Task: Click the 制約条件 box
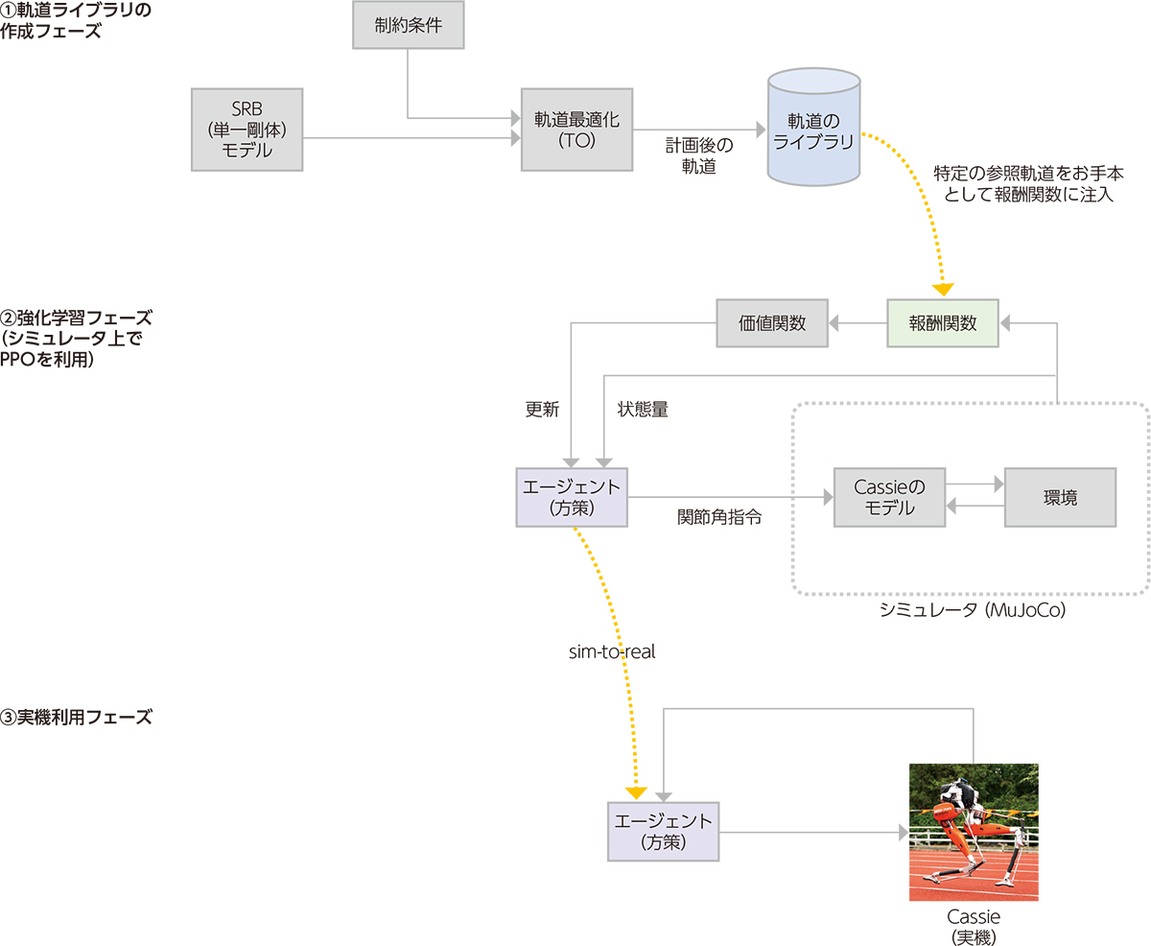pyautogui.click(x=409, y=25)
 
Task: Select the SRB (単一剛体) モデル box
pyautogui.click(x=247, y=130)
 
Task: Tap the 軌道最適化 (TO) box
pyautogui.click(x=576, y=130)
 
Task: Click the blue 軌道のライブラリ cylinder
pyautogui.click(x=813, y=130)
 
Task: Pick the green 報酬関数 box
pyautogui.click(x=942, y=322)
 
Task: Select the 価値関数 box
pyautogui.click(x=773, y=322)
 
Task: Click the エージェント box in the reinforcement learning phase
pyautogui.click(x=572, y=497)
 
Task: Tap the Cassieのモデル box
pyautogui.click(x=889, y=497)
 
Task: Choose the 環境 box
pyautogui.click(x=1060, y=497)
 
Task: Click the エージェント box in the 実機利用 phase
pyautogui.click(x=664, y=831)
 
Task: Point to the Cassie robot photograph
pyautogui.click(x=974, y=831)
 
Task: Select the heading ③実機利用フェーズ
pyautogui.click(x=77, y=717)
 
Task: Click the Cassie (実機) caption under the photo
pyautogui.click(x=973, y=926)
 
